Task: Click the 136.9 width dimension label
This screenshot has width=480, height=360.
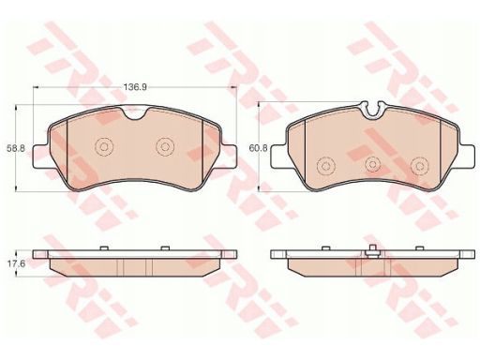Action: (135, 87)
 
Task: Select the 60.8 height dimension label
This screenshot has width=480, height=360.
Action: (259, 148)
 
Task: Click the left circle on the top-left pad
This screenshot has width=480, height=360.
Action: (104, 146)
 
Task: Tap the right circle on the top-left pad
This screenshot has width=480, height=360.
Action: (165, 146)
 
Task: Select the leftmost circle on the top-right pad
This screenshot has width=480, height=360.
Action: (326, 166)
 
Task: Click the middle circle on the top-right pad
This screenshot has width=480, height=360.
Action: (373, 164)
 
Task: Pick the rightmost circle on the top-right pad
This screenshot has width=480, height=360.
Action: (420, 166)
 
